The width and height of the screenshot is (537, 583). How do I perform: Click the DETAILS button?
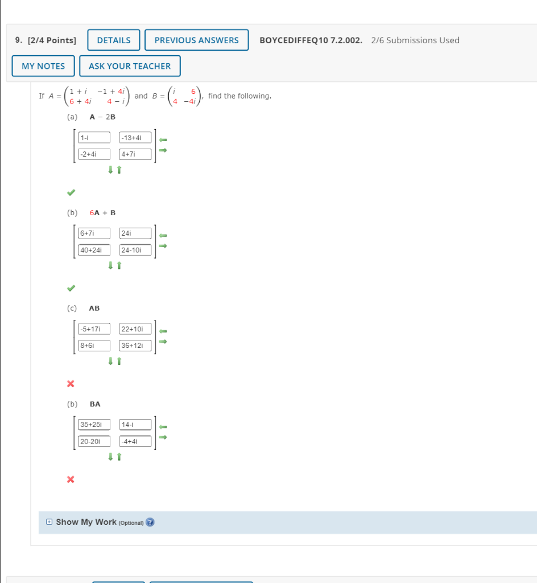tap(114, 40)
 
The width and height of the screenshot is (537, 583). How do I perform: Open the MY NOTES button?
tap(43, 66)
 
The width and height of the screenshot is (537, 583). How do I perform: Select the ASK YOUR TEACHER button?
tap(130, 66)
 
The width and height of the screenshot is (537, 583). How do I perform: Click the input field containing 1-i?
tap(94, 137)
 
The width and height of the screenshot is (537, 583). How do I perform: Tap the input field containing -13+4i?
tap(135, 137)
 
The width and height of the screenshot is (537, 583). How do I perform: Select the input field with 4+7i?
tap(135, 154)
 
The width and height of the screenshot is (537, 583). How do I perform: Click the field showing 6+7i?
tap(94, 233)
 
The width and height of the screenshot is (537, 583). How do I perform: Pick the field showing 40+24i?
tap(94, 250)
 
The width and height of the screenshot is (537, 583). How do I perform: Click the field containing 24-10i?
tap(135, 250)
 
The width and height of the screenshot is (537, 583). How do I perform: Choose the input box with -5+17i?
tap(94, 329)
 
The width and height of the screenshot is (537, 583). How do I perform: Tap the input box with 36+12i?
tap(135, 346)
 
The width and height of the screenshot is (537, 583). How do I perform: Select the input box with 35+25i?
tap(94, 424)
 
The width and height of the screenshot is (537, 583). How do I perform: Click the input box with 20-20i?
tap(94, 441)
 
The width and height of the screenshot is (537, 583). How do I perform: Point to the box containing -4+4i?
tap(135, 441)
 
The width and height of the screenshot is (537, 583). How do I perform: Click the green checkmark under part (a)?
tap(71, 191)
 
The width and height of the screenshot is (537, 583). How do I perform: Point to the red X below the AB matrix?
tap(71, 384)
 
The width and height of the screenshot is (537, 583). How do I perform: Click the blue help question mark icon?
tap(150, 522)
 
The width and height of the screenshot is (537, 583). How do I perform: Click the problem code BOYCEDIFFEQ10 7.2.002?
tap(311, 40)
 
